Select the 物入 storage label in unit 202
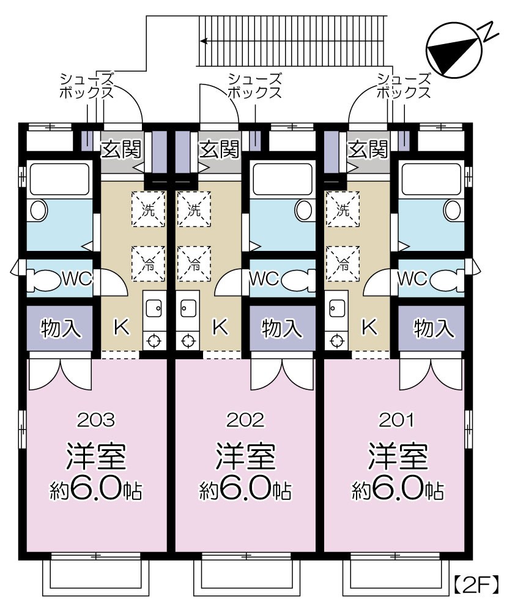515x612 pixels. coord(282,329)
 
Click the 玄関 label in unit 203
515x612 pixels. coord(121,149)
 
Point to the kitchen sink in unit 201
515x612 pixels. coord(337,306)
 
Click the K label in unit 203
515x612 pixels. coord(120,327)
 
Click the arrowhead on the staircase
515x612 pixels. coord(204,41)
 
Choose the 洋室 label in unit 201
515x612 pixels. coord(397,456)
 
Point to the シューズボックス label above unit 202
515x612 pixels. coord(254,86)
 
